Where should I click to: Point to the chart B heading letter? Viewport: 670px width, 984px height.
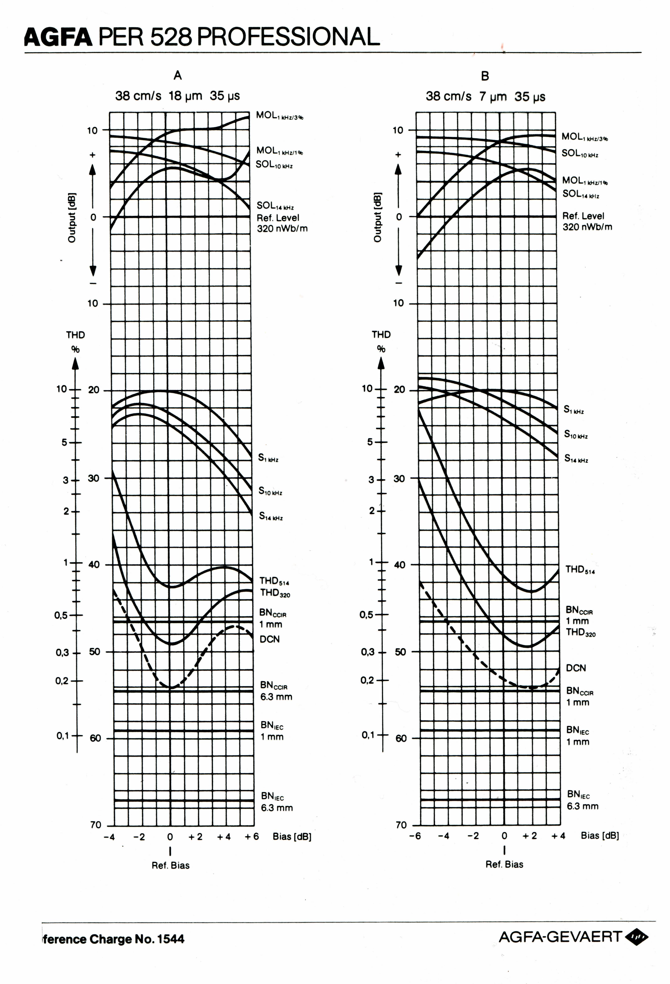point(485,76)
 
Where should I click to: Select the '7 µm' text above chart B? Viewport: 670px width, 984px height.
point(493,97)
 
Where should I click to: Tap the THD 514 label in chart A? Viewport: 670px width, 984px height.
point(274,580)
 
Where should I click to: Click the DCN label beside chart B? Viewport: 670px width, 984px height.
point(576,668)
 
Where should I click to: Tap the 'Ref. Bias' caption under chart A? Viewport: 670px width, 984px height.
point(170,866)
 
